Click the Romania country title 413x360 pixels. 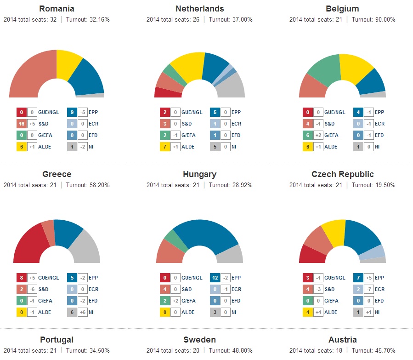[57, 9]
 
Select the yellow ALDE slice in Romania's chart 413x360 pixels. [68, 65]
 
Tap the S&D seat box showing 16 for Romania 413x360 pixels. [21, 124]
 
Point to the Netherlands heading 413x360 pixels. [199, 9]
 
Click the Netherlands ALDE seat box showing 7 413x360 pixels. [164, 147]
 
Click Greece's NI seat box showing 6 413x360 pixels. [72, 312]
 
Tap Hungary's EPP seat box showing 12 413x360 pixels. [215, 278]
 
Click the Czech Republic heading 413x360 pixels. [342, 174]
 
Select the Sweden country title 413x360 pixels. [199, 340]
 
